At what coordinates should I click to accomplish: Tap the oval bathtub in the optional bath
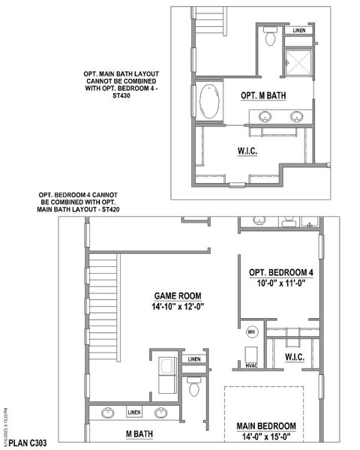(210, 98)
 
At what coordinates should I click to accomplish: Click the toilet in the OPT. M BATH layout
(271, 34)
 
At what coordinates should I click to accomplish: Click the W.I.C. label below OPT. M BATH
(248, 151)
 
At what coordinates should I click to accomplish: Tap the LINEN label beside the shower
(298, 31)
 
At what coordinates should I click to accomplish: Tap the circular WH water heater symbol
(252, 331)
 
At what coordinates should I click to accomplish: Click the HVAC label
(252, 365)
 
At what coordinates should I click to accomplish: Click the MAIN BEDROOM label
(266, 426)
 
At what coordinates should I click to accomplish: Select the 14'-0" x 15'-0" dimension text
(266, 437)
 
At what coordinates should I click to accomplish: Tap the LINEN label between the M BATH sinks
(133, 412)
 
